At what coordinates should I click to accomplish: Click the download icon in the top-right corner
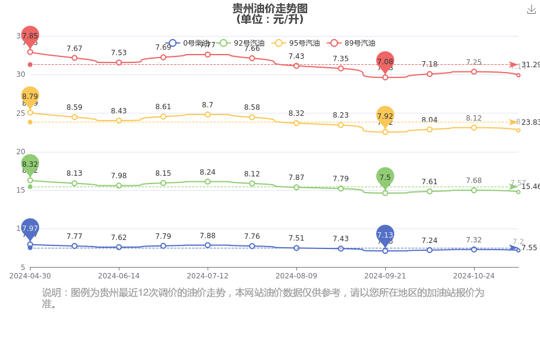[x=531, y=9]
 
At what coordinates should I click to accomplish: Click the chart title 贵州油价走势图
[x=270, y=8]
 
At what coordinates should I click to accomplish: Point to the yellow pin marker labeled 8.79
[x=30, y=96]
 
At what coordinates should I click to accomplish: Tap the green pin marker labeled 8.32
[x=30, y=164]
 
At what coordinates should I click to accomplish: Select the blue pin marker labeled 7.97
[x=30, y=228]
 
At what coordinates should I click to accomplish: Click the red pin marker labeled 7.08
[x=385, y=61]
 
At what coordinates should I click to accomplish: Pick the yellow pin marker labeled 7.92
[x=385, y=116]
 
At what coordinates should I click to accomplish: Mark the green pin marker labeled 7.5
[x=385, y=177]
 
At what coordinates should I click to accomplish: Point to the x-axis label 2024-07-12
[x=208, y=276]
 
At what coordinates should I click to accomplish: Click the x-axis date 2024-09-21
[x=385, y=276]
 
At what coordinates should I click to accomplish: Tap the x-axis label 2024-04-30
[x=30, y=276]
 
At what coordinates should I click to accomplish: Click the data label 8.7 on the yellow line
[x=208, y=105]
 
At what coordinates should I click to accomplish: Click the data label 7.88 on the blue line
[x=208, y=236]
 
